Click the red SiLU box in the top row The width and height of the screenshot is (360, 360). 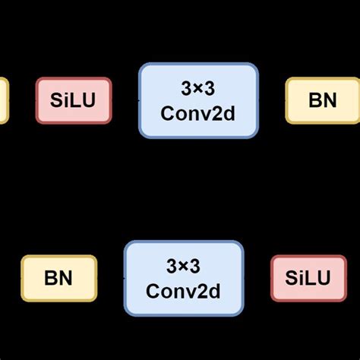click(74, 100)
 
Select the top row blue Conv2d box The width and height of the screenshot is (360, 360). click(198, 100)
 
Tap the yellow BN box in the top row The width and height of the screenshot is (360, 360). click(323, 100)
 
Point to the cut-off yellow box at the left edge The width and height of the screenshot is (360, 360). click(4, 100)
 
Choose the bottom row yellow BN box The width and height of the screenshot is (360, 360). click(58, 278)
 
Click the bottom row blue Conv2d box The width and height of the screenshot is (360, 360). click(184, 278)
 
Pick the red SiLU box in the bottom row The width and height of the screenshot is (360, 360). click(308, 278)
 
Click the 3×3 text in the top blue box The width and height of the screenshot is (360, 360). click(198, 88)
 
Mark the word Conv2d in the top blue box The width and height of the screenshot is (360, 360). click(198, 112)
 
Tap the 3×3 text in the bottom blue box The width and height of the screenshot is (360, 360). click(184, 266)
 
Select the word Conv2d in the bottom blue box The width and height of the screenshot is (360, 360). click(184, 291)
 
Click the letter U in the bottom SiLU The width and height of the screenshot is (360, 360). click(324, 279)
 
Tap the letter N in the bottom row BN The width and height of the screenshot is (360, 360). click(66, 279)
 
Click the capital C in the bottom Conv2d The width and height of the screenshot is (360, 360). click(152, 291)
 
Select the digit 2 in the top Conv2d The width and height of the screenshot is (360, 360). click(215, 112)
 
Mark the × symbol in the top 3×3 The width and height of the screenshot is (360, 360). click(198, 89)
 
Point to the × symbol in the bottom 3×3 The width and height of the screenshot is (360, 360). click(184, 267)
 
